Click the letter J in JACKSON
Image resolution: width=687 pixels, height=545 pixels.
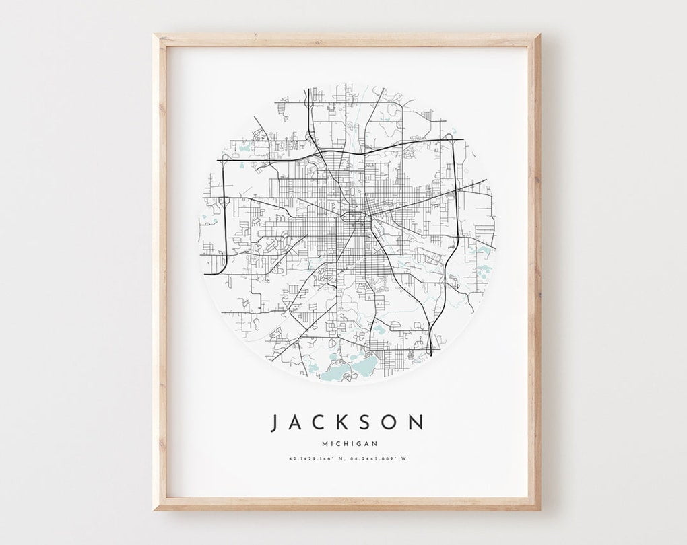[x=275, y=423]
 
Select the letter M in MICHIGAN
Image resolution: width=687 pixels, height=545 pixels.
[x=327, y=443]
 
